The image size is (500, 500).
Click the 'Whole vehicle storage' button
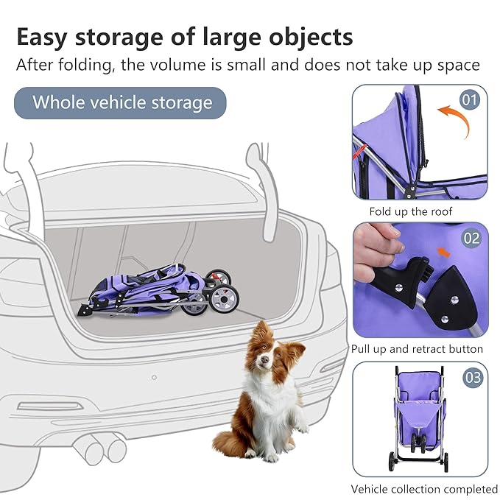coord(122,102)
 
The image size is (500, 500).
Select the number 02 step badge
coord(470,238)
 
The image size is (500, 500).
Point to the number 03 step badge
coord(472,378)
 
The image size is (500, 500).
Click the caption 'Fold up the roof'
coord(411,211)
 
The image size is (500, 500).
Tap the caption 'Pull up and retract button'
coord(417,349)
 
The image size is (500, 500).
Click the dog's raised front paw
coord(299,426)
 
